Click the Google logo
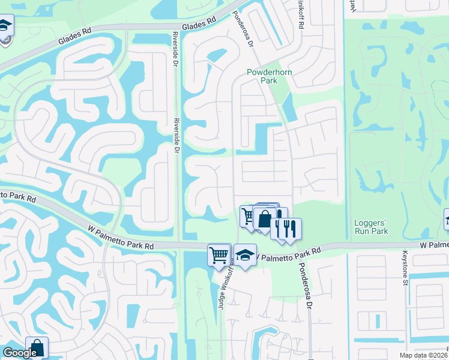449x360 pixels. pos(19,353)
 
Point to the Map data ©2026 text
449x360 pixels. pos(424,355)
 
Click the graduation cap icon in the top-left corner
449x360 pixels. pos(5,27)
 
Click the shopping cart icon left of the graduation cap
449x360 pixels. pos(219,254)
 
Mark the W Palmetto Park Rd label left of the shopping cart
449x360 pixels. pos(121,238)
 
